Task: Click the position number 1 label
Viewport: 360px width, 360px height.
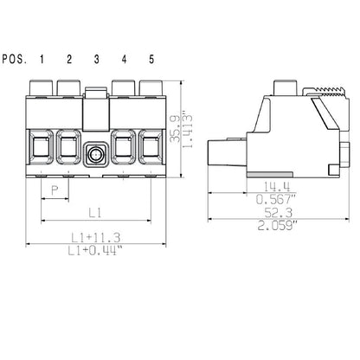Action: click(41, 59)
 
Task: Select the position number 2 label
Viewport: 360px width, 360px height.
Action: click(68, 59)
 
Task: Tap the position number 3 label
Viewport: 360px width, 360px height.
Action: click(96, 59)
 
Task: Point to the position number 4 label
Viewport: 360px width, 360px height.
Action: click(124, 59)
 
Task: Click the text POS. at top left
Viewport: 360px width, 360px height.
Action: click(13, 59)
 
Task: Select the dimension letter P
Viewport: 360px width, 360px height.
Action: click(55, 189)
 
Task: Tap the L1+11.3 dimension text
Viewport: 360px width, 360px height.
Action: click(95, 236)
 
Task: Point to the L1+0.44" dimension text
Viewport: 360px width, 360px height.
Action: click(95, 249)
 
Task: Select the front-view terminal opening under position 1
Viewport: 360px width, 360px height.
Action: click(41, 148)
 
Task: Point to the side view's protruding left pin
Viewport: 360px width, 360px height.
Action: click(223, 155)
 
